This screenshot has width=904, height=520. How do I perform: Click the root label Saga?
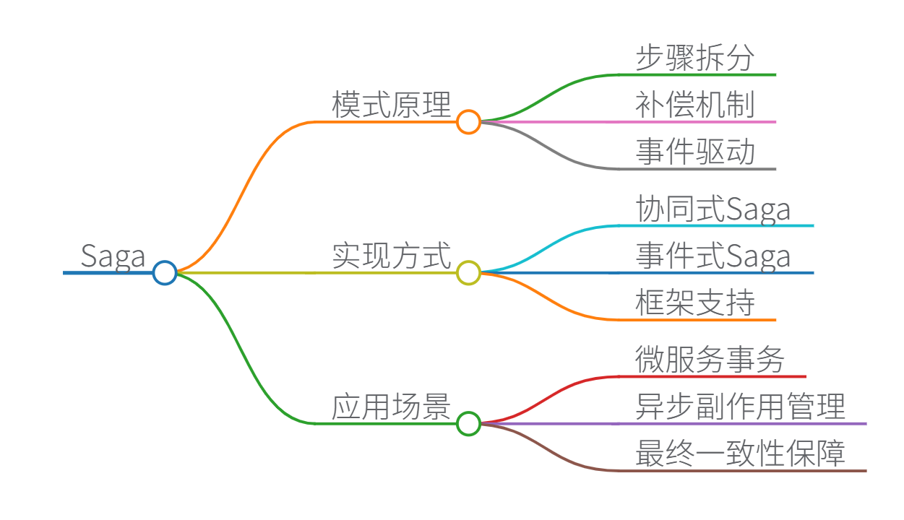click(113, 256)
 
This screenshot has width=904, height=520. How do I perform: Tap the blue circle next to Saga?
click(165, 272)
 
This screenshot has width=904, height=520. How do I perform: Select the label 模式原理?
click(391, 105)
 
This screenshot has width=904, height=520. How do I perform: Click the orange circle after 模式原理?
click(468, 121)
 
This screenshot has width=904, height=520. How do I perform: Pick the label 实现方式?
click(391, 256)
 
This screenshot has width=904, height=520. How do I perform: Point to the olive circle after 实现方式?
click(468, 272)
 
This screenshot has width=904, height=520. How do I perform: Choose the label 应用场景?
click(391, 407)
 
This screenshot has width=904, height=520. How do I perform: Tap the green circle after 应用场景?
click(468, 423)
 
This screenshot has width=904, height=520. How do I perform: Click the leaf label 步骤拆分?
click(695, 58)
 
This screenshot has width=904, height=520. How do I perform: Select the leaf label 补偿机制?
click(695, 105)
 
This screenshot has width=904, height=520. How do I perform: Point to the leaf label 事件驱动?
click(695, 152)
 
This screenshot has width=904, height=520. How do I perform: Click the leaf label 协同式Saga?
click(713, 209)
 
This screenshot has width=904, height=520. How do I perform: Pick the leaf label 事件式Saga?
click(713, 256)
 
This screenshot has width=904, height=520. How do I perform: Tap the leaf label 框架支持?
click(695, 303)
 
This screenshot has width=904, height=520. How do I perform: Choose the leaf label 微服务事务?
click(710, 360)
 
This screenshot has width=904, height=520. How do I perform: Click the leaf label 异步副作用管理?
click(741, 407)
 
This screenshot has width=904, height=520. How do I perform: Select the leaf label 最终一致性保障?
click(741, 454)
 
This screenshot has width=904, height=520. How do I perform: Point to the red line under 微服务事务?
click(712, 376)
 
